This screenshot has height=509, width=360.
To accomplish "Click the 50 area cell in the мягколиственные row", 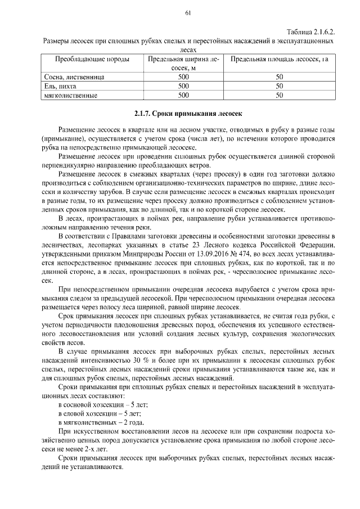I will click(x=279, y=96).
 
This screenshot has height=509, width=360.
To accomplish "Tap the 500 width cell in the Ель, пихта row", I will click(x=183, y=87).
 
